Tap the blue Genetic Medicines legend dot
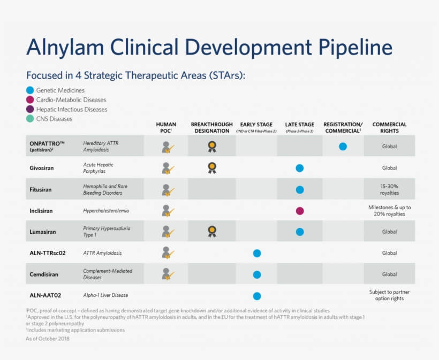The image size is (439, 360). click(30, 90)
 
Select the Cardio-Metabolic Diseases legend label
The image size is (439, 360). click(71, 100)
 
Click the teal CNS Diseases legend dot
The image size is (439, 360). click(30, 119)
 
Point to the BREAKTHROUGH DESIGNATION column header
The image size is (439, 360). click(211, 127)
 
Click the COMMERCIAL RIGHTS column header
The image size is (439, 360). click(389, 127)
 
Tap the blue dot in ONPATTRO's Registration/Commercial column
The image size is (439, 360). click(343, 146)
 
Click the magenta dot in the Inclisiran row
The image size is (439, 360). click(300, 211)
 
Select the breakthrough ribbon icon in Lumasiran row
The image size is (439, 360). click(212, 231)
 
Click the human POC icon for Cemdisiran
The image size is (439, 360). click(168, 274)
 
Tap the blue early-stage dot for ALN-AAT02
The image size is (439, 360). click(257, 296)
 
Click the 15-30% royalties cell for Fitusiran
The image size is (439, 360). click(389, 189)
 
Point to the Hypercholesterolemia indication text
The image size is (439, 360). click(106, 211)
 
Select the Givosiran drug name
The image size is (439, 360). click(42, 168)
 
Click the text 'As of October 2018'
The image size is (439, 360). click(47, 339)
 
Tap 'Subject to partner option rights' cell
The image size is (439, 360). click(389, 295)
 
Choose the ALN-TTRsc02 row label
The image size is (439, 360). click(48, 253)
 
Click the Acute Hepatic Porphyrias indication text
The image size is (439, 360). click(99, 168)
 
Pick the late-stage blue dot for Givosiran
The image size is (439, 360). click(300, 168)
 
